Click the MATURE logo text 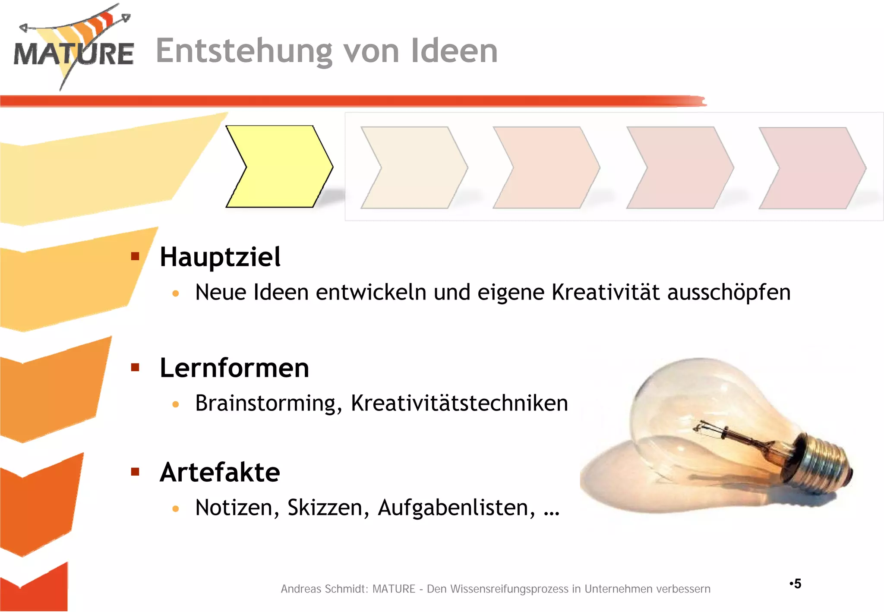click(73, 54)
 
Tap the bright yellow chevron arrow click(279, 167)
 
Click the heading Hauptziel click(220, 257)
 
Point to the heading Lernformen click(234, 368)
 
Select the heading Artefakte click(220, 473)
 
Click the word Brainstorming click(265, 404)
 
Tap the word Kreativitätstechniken click(459, 404)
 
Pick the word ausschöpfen click(729, 293)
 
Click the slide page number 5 click(797, 584)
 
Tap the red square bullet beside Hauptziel click(135, 257)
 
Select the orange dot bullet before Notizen click(175, 509)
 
